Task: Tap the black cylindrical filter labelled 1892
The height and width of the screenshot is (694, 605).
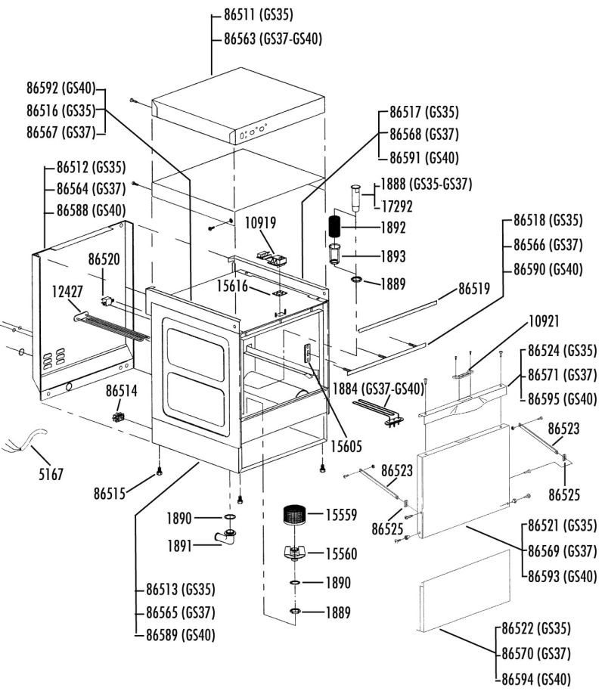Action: pos(335,226)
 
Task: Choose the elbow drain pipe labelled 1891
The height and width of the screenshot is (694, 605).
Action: pos(225,540)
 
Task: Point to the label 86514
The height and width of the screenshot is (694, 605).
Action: pos(124,391)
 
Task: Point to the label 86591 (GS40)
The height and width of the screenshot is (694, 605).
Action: pos(424,158)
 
